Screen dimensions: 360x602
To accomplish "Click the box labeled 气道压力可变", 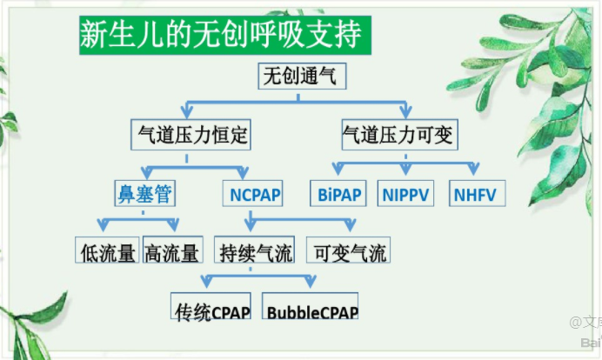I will [399, 135].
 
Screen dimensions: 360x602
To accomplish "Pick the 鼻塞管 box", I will [143, 192].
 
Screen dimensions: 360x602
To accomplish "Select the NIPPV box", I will [406, 193].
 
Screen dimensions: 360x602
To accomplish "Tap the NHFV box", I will [474, 193].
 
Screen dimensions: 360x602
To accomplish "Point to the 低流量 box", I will [107, 251].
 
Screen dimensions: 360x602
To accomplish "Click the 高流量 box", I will [173, 251].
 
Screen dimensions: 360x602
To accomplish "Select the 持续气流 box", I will [256, 251].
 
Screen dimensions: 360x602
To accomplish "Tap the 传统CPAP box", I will [212, 310].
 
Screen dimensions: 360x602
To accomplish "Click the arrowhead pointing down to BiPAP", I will [338, 169].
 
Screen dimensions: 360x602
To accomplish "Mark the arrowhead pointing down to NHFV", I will [472, 169].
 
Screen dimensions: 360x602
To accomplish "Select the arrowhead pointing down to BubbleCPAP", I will [310, 282].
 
